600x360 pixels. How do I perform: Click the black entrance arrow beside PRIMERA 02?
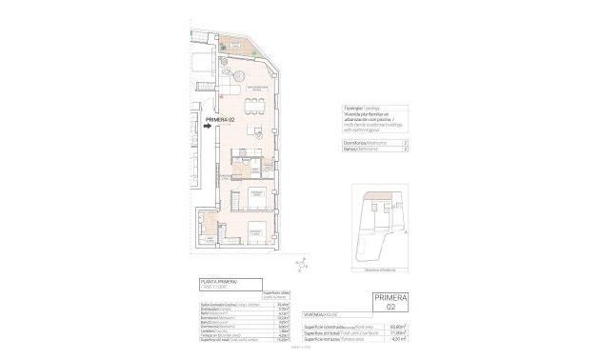pyautogui.click(x=210, y=123)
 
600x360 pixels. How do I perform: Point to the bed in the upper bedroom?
pyautogui.click(x=255, y=198)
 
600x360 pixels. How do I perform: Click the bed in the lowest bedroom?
pyautogui.click(x=254, y=230)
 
